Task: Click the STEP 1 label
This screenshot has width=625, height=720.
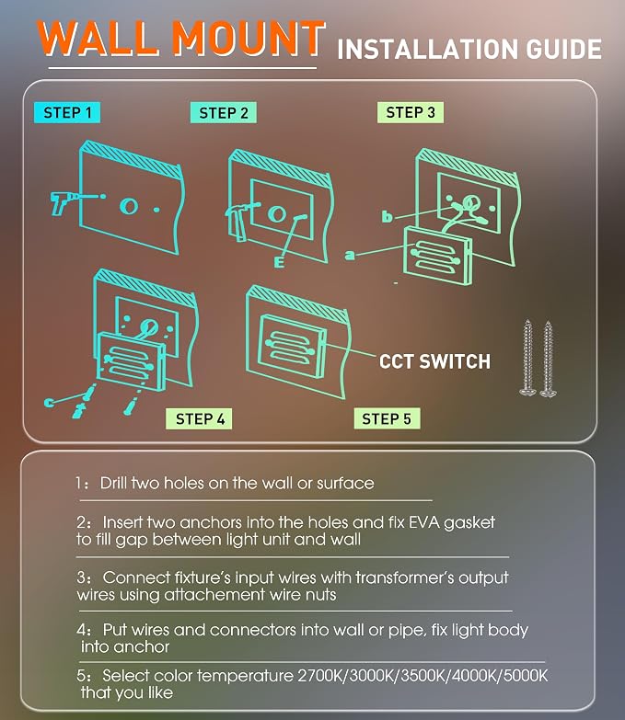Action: pyautogui.click(x=67, y=112)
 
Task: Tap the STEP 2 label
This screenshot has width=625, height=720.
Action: pyautogui.click(x=224, y=113)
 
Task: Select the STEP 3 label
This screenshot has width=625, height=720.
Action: pyautogui.click(x=411, y=112)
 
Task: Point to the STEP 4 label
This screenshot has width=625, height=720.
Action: pyautogui.click(x=199, y=418)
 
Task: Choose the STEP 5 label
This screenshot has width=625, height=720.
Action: pyautogui.click(x=387, y=418)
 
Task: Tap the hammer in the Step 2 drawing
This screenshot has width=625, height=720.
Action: pyautogui.click(x=238, y=220)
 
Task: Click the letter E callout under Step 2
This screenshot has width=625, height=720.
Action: pyautogui.click(x=279, y=262)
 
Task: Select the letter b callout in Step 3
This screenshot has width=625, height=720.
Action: pyautogui.click(x=388, y=216)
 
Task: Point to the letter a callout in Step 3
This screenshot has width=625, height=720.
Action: pyautogui.click(x=350, y=255)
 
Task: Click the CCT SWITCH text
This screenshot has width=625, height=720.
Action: pyautogui.click(x=434, y=361)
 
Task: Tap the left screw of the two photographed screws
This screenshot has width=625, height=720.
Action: pyautogui.click(x=528, y=358)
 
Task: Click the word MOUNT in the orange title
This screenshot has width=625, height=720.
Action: pyautogui.click(x=249, y=39)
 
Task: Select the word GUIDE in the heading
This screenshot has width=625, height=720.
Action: pyautogui.click(x=564, y=49)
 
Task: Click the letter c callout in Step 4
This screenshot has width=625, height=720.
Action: pyautogui.click(x=49, y=403)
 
